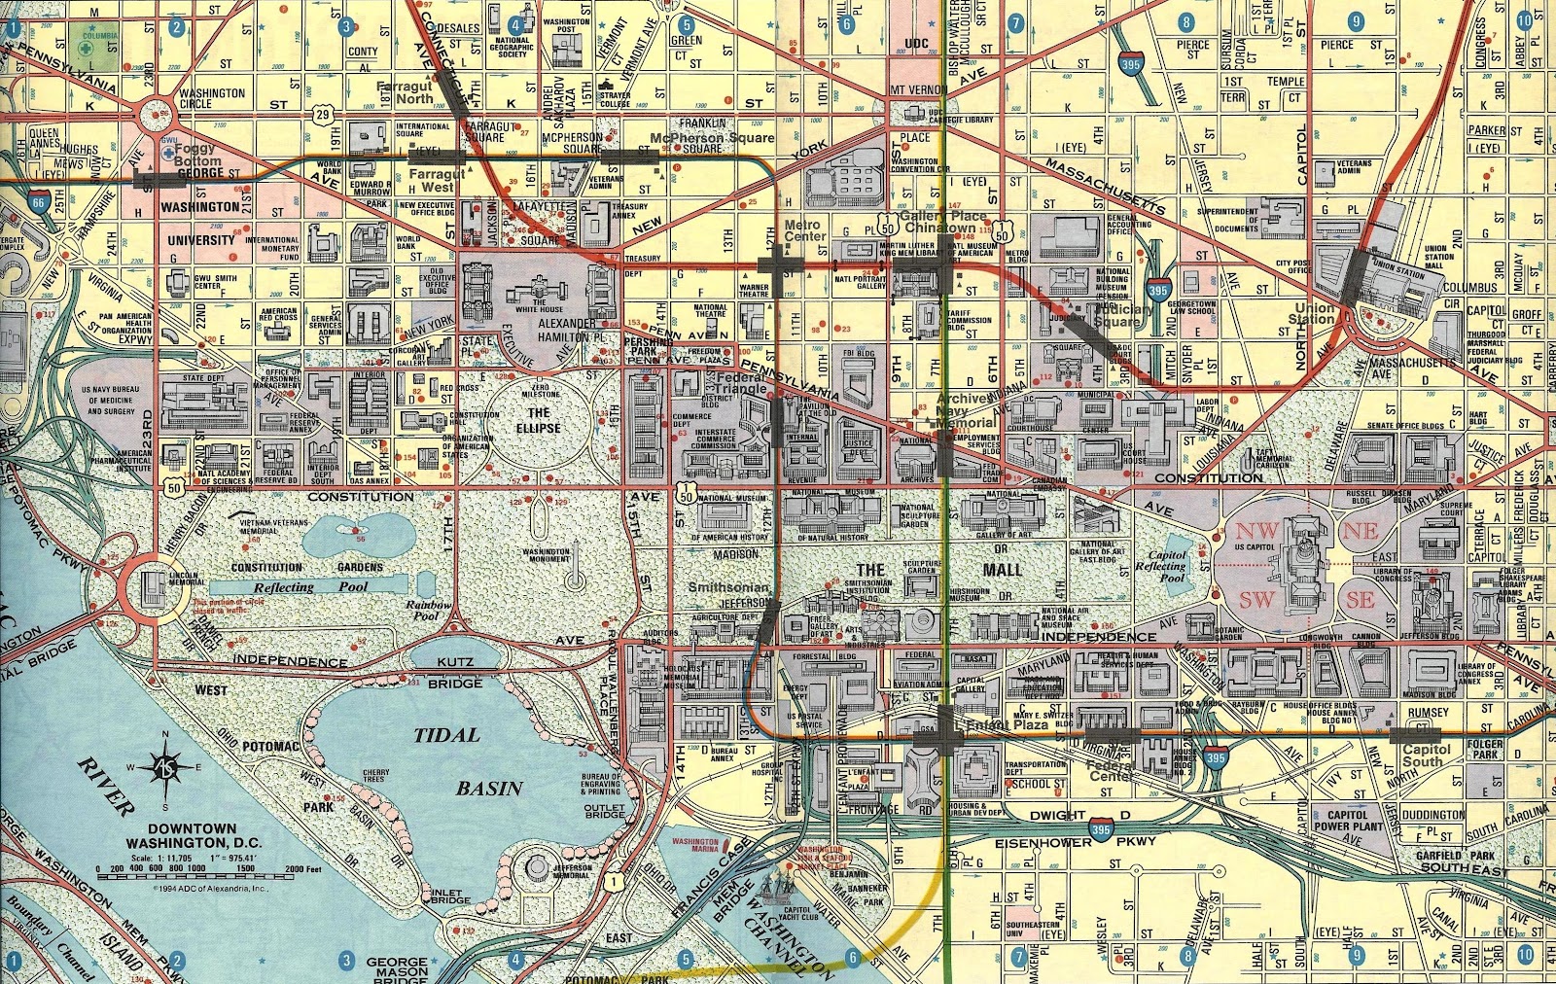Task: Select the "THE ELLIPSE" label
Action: [x=539, y=420]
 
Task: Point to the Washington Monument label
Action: [x=547, y=555]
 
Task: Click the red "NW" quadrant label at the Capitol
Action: [x=1257, y=531]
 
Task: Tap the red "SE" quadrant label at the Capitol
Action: [x=1360, y=600]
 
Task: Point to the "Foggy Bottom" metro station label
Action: [x=198, y=156]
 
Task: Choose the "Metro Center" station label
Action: [x=804, y=230]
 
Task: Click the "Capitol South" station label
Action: [x=1426, y=756]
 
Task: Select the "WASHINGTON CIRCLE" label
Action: [x=212, y=98]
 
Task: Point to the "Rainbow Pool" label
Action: [x=429, y=610]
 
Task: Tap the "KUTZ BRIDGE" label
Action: [x=454, y=672]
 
